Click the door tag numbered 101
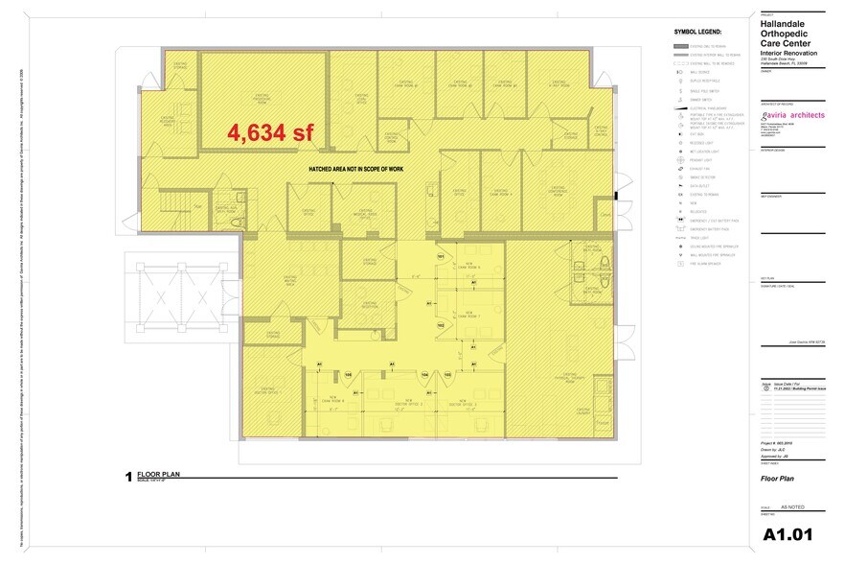(441, 257)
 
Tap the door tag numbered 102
(441, 325)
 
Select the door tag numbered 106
(349, 374)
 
